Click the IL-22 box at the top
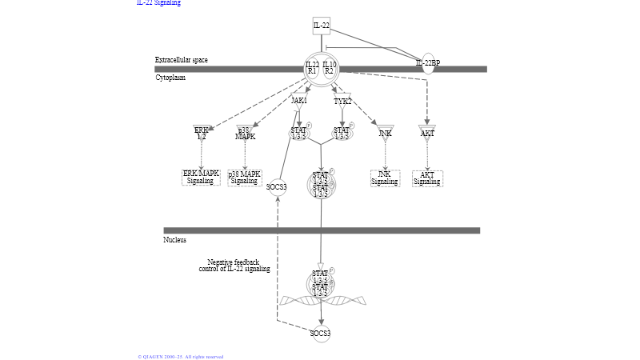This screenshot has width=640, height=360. click(x=321, y=26)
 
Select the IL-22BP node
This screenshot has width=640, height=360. click(x=428, y=63)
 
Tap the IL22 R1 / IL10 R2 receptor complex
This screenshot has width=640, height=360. click(x=321, y=69)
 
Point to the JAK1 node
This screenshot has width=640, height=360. click(x=298, y=101)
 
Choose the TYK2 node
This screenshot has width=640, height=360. click(x=342, y=101)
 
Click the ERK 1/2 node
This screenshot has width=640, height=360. click(x=202, y=132)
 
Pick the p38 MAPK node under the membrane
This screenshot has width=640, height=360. click(x=245, y=133)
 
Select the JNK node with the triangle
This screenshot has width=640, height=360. click(x=385, y=132)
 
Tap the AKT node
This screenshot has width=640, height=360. click(x=427, y=132)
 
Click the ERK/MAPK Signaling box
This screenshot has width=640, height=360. click(x=201, y=177)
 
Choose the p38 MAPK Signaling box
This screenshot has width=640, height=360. click(x=245, y=177)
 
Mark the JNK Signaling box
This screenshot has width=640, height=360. click(x=385, y=177)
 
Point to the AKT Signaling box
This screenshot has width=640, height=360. click(x=427, y=177)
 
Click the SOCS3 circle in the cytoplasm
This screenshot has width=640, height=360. click(x=277, y=188)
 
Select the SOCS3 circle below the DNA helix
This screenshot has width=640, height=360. click(x=321, y=334)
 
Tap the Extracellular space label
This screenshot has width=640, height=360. click(x=182, y=60)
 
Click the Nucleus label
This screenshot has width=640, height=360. click(x=175, y=240)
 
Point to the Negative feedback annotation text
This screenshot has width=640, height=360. click(x=234, y=266)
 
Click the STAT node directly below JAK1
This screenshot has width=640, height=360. click(x=298, y=133)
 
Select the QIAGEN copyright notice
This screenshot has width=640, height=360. click(x=181, y=357)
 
